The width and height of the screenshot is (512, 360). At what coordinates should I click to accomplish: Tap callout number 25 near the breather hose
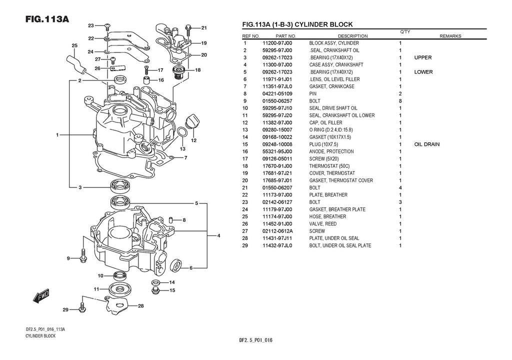(74, 45)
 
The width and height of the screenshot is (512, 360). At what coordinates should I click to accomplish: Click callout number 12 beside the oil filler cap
(193, 140)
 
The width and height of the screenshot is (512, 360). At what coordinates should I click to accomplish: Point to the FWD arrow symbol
(39, 296)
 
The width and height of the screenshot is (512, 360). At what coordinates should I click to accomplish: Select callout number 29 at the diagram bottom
(65, 310)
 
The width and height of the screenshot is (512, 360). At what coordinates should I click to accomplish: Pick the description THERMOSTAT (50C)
(329, 166)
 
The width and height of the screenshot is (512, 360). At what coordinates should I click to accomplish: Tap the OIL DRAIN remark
(426, 144)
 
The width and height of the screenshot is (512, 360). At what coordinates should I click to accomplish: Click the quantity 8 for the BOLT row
(400, 101)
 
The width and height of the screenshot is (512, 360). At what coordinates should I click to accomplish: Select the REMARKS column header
(450, 36)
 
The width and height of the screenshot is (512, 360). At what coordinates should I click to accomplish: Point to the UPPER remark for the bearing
(422, 57)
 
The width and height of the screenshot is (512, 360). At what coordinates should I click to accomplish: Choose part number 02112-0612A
(277, 231)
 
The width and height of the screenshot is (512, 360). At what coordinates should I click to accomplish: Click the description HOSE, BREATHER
(327, 216)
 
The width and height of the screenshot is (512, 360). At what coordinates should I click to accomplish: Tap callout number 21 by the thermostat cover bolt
(204, 27)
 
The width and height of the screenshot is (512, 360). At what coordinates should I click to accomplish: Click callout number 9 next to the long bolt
(69, 258)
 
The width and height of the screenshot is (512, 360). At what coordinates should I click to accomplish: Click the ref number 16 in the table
(245, 151)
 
